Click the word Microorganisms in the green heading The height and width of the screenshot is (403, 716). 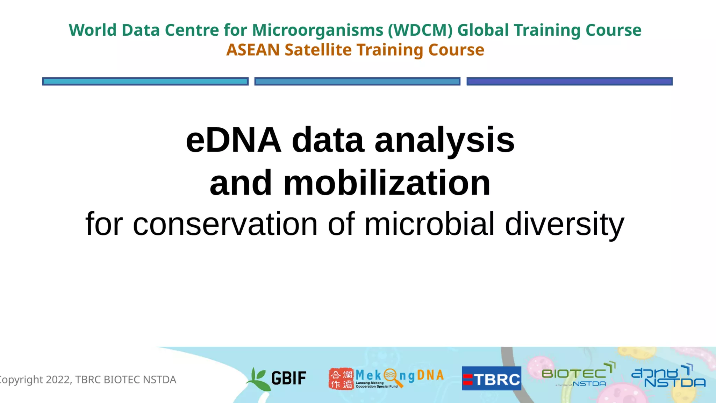click(317, 30)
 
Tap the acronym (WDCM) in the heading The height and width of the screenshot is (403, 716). click(420, 30)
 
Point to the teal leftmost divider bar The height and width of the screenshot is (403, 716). click(145, 82)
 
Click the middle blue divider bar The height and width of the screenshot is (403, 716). click(357, 82)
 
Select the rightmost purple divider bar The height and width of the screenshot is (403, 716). click(569, 82)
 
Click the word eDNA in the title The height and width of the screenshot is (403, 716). click(234, 140)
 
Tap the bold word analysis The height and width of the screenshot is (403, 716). click(444, 140)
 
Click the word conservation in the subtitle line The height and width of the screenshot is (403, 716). click(225, 224)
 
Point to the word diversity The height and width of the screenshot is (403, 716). click(564, 224)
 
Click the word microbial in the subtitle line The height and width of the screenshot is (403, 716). click(429, 224)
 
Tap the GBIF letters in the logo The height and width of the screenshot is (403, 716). click(289, 378)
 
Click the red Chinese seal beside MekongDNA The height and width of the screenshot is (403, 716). click(341, 379)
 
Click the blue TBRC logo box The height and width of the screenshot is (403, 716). click(491, 379)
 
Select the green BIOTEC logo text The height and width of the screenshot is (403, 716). click(573, 374)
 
